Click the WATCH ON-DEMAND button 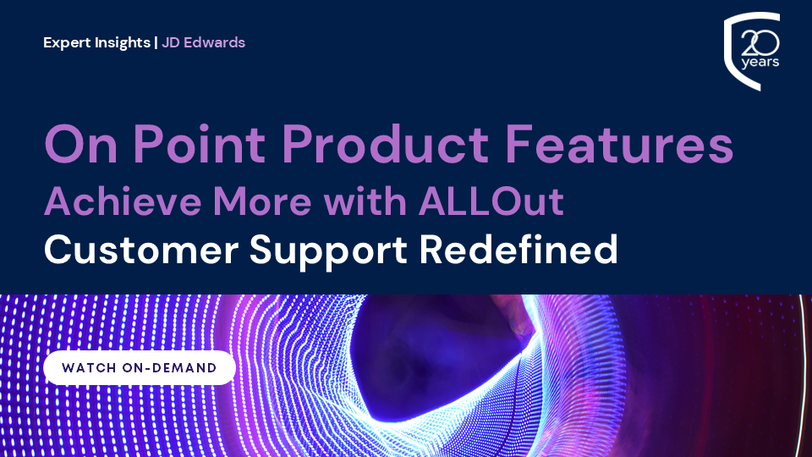pos(140,368)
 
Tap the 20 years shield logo pos(752,52)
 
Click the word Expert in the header pos(66,42)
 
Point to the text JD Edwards pos(204,42)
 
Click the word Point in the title pos(200,144)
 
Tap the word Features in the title pos(619,144)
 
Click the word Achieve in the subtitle pos(123,201)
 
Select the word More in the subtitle pos(262,201)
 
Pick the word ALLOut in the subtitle pos(491,201)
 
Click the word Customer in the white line pos(141,251)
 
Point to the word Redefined pos(518,250)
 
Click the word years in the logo pos(760,62)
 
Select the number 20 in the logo pos(760,43)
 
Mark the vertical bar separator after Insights pos(156,42)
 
